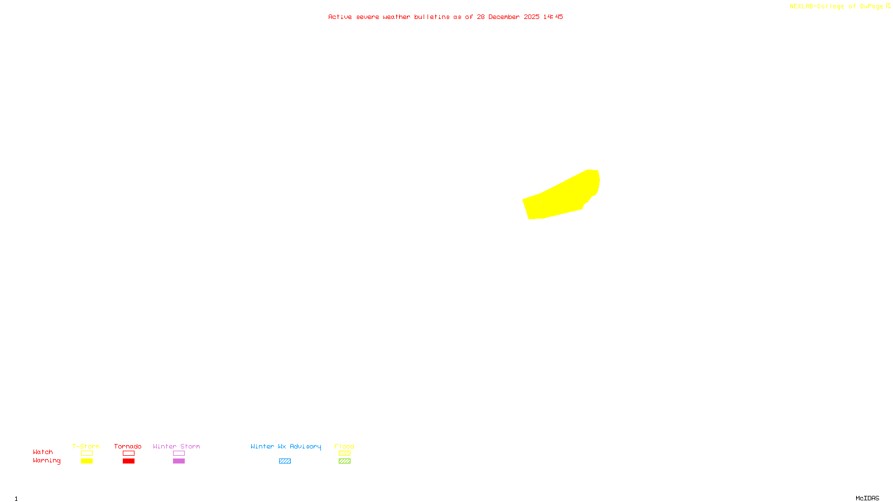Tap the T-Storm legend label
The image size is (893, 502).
coord(86,446)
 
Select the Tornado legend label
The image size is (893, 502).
coord(128,446)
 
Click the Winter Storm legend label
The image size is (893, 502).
coord(176,446)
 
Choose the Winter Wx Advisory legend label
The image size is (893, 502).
coord(286,446)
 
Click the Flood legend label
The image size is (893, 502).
coord(344,446)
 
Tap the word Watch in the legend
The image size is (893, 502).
coord(43,452)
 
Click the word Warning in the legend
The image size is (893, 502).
coord(46,461)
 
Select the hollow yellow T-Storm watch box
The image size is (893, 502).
coord(87,453)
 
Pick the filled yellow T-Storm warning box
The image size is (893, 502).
coord(87,461)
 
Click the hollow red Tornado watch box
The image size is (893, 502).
coord(128,453)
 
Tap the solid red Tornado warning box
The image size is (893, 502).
coord(128,461)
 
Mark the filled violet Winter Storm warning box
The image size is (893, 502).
coord(179,461)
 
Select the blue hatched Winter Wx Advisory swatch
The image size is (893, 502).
coord(285,461)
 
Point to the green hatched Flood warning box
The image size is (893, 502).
coord(344,461)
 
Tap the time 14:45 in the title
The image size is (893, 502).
coord(553,17)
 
